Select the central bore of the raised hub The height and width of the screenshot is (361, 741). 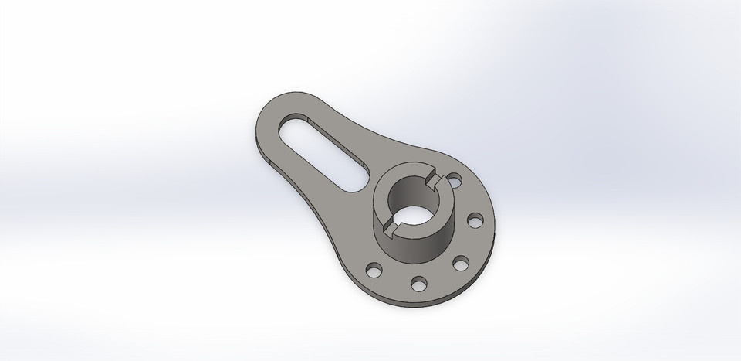coord(410,203)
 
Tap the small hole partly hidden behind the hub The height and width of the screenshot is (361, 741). coord(455,181)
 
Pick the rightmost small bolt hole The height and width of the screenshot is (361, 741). coord(475,223)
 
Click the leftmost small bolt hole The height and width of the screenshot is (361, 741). coord(374,270)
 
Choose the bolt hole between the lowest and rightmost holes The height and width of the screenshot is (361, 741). coord(461,263)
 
